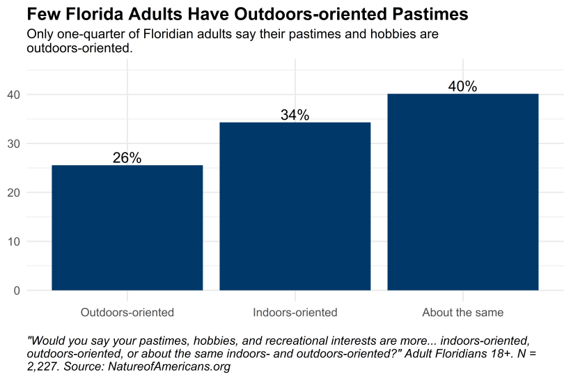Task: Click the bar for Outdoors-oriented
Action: (127, 228)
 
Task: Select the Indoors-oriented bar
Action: (295, 206)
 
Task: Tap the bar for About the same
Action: (463, 192)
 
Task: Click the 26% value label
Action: (127, 158)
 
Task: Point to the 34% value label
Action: (295, 116)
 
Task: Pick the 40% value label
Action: (463, 86)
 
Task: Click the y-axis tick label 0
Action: (15, 290)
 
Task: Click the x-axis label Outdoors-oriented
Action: (127, 312)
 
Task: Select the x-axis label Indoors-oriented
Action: (295, 312)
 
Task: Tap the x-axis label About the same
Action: (463, 312)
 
